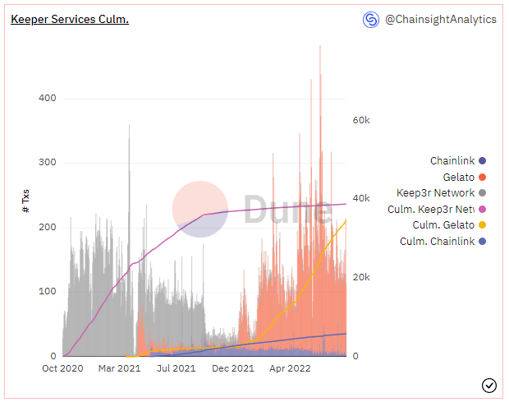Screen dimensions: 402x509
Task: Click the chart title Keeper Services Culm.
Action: click(x=70, y=19)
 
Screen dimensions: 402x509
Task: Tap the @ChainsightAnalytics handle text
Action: click(x=440, y=19)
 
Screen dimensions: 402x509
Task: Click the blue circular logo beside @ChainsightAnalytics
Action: click(x=371, y=19)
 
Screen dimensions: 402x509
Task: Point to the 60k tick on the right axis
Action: click(x=361, y=120)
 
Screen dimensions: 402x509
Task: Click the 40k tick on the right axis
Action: click(x=361, y=199)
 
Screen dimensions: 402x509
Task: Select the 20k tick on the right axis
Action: click(x=361, y=278)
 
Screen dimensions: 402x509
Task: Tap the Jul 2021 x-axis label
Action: click(x=176, y=369)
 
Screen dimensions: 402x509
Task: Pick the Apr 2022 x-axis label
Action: click(x=290, y=369)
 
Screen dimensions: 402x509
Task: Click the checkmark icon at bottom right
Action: click(x=489, y=385)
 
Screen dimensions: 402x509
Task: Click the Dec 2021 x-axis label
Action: click(x=233, y=369)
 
